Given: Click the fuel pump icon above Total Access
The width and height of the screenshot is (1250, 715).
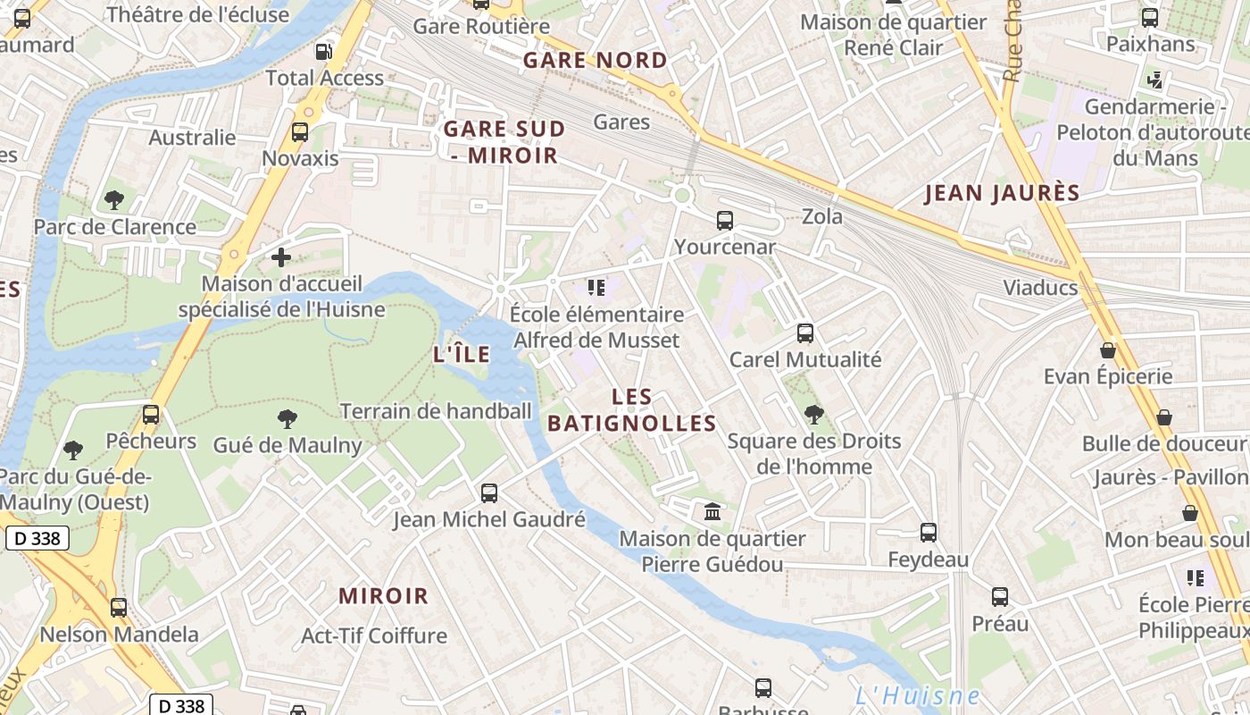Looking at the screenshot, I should pyautogui.click(x=325, y=52).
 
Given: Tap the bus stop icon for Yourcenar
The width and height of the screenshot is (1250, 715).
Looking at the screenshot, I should pyautogui.click(x=725, y=220).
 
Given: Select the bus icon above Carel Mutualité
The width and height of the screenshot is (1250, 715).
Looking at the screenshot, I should pyautogui.click(x=805, y=333).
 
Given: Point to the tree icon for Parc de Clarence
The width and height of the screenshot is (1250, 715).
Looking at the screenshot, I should pyautogui.click(x=113, y=200).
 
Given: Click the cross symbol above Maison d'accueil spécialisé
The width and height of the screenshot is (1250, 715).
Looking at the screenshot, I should pyautogui.click(x=281, y=258).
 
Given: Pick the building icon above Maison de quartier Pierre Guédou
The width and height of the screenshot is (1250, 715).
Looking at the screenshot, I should pyautogui.click(x=712, y=512).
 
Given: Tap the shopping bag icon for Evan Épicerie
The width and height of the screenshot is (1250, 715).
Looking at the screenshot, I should pyautogui.click(x=1108, y=350).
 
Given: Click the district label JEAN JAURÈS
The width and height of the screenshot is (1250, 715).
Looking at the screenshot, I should pyautogui.click(x=1002, y=193).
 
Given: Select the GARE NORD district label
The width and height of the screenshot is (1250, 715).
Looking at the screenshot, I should pyautogui.click(x=595, y=61).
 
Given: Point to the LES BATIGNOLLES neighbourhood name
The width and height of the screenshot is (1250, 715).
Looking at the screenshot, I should pyautogui.click(x=632, y=410).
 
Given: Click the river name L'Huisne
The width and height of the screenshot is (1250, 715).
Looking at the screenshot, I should pyautogui.click(x=917, y=695).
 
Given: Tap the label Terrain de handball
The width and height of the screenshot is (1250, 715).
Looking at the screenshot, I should pyautogui.click(x=436, y=411).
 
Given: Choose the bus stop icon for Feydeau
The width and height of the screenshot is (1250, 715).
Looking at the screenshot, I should pyautogui.click(x=929, y=533).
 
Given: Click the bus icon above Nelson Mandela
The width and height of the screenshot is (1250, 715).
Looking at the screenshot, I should pyautogui.click(x=119, y=608).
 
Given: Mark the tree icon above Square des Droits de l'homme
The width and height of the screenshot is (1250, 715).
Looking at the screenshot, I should pyautogui.click(x=813, y=414).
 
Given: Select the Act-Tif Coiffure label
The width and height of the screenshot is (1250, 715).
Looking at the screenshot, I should pyautogui.click(x=374, y=635).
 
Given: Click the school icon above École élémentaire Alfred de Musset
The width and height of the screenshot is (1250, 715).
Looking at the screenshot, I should pyautogui.click(x=596, y=288).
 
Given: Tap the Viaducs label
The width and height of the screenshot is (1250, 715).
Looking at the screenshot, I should pyautogui.click(x=1040, y=288).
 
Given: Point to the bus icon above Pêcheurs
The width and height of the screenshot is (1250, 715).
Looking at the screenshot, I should pyautogui.click(x=151, y=415).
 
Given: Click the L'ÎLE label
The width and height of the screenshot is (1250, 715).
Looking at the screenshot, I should pyautogui.click(x=462, y=354).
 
